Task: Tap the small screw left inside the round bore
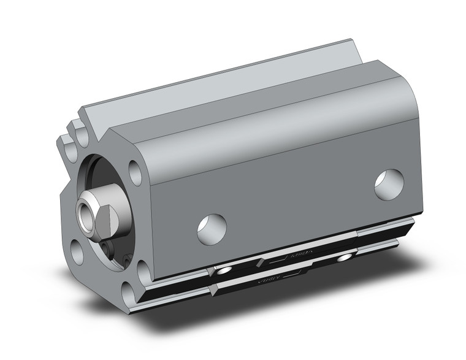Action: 107,248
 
